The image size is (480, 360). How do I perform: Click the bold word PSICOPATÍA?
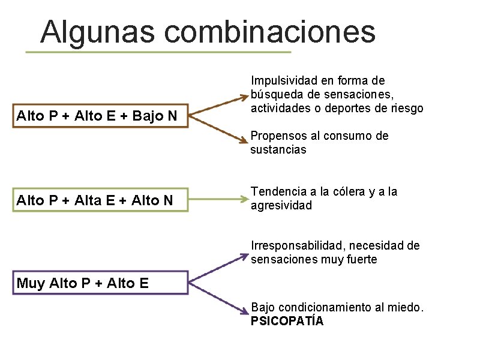pos(287,321)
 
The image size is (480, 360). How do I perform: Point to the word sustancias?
pos(278,149)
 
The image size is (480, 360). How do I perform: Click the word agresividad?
pos(281,206)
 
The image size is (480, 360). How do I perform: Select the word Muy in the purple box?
pos(30,283)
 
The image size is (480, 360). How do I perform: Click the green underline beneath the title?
pos(158,52)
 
